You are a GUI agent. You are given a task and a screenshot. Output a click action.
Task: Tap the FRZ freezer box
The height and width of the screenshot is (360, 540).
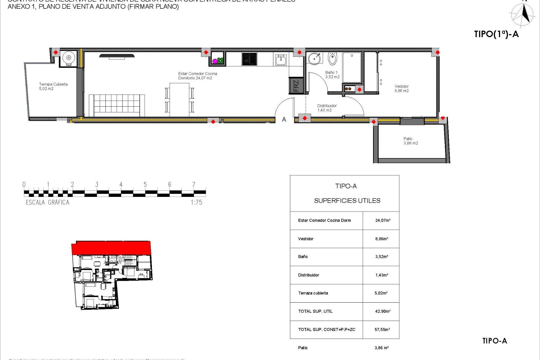(296, 85)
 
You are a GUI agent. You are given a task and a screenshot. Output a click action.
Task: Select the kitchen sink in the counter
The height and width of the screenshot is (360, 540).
(281, 59)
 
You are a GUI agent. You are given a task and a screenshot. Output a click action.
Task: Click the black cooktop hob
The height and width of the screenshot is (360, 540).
(249, 59)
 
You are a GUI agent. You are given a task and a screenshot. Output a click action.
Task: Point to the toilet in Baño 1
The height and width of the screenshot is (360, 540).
(332, 58)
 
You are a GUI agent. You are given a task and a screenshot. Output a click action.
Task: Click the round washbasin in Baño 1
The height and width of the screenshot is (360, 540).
(314, 58)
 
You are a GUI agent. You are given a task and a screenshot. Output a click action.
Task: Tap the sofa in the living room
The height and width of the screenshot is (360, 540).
(117, 105)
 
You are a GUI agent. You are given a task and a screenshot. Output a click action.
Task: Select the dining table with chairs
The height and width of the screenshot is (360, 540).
(179, 100)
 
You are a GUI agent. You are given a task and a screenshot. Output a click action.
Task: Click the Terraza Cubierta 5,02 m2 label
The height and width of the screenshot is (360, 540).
(53, 86)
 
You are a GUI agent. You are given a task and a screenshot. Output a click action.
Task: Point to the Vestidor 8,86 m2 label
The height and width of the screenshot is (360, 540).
(402, 89)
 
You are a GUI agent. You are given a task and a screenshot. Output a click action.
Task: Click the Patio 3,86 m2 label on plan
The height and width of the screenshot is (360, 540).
(411, 141)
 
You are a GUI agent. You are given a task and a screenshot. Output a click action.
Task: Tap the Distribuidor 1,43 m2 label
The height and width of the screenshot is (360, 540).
(327, 108)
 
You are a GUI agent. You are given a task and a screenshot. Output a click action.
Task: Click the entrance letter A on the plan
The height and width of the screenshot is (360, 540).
(284, 120)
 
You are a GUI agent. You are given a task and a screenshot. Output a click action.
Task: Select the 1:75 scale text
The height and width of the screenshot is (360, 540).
(196, 202)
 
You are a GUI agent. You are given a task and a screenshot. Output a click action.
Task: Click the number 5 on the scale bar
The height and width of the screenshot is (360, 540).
(145, 184)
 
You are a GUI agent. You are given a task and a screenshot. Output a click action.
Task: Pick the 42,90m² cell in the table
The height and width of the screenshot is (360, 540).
(382, 311)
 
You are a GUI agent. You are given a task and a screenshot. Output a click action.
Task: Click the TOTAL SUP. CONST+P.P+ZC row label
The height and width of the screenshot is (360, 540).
(327, 330)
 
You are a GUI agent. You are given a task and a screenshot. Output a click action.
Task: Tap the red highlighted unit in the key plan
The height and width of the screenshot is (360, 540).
(111, 248)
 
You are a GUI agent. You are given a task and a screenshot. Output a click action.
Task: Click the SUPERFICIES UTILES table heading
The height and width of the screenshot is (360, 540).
(347, 201)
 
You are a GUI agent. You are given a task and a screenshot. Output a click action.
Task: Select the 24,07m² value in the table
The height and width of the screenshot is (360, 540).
(382, 220)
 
